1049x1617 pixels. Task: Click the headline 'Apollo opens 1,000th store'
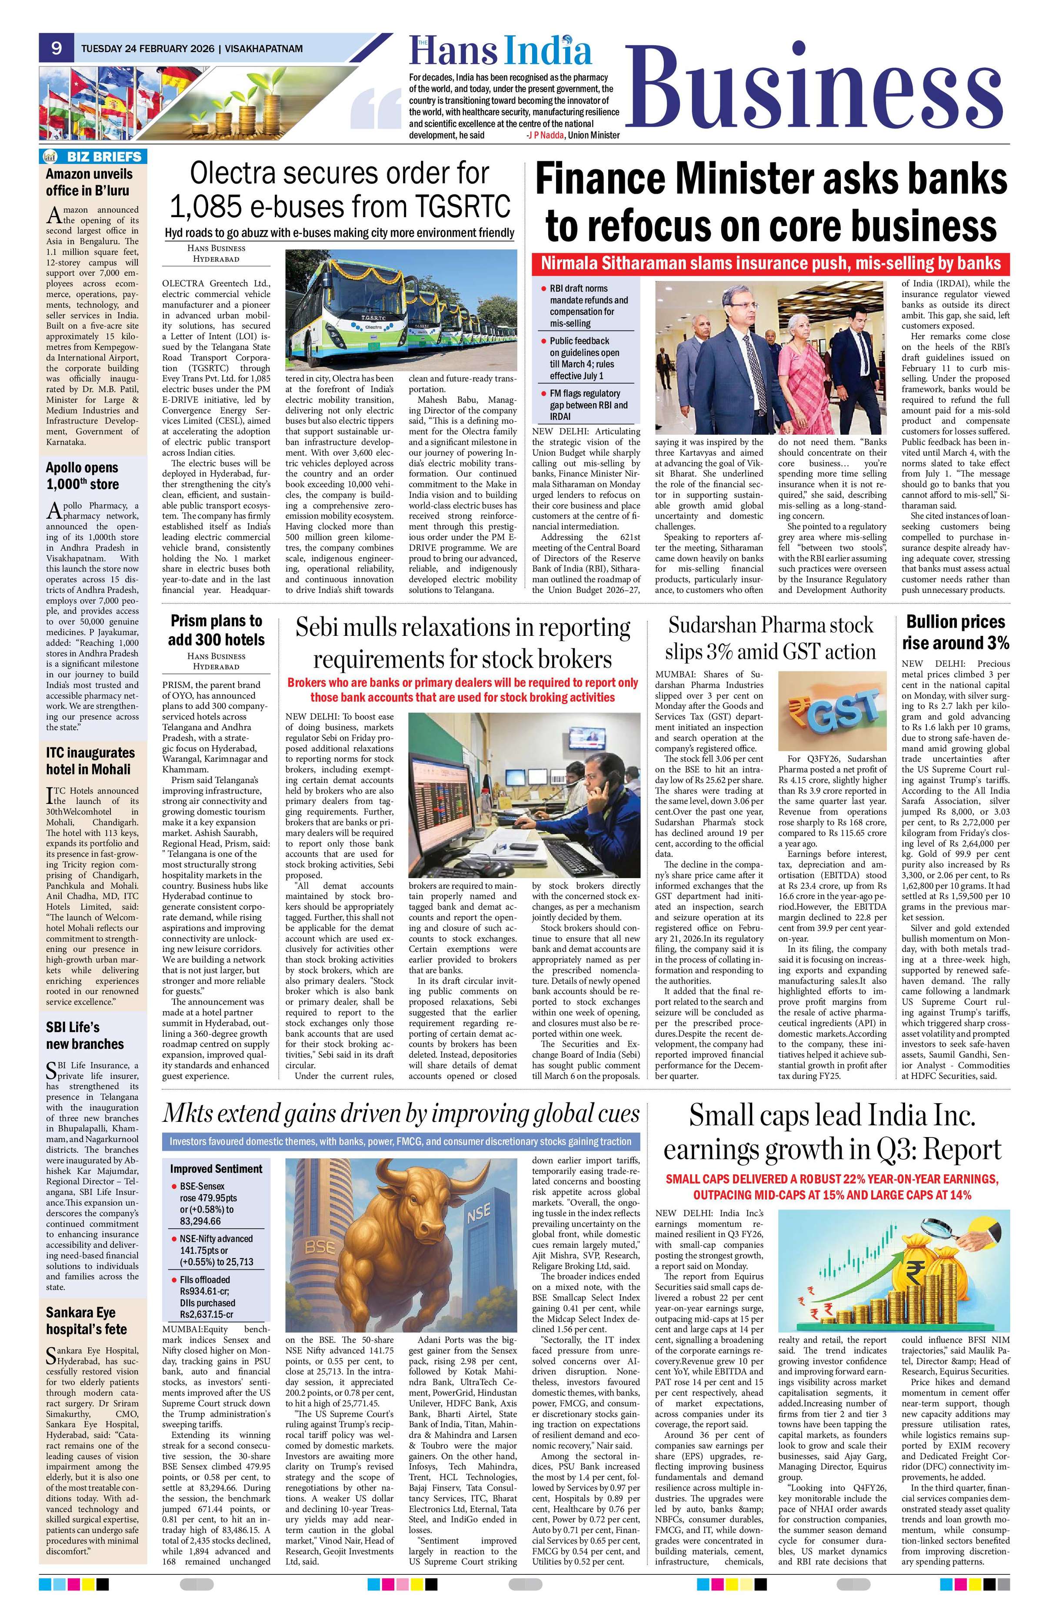click(82, 476)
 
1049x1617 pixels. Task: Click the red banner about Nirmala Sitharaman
click(770, 264)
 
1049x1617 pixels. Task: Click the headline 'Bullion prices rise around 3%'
click(955, 632)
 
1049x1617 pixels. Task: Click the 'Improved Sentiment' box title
click(216, 1169)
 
